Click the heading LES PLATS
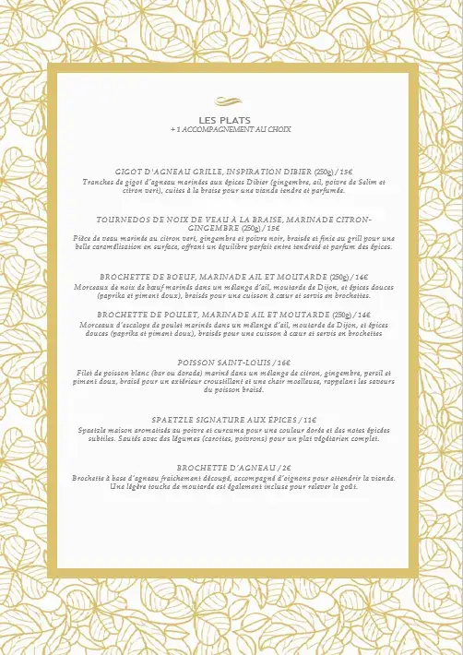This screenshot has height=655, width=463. coord(231,120)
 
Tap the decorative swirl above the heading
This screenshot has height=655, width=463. coord(231,102)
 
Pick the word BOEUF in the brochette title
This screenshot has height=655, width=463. coord(174,276)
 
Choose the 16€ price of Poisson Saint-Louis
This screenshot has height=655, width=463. coord(282,363)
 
